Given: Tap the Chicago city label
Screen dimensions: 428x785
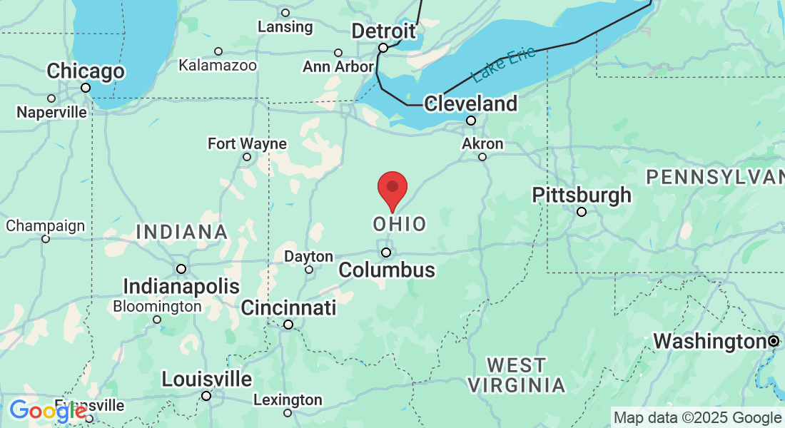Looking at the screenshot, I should [86, 71].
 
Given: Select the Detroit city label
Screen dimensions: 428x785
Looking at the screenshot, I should [384, 31].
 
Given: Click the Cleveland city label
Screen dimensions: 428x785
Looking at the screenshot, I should [471, 103].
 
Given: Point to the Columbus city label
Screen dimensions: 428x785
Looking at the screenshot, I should [387, 270].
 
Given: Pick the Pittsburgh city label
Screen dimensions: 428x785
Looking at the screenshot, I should [582, 195].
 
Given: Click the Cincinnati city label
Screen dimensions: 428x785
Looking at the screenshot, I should [288, 308].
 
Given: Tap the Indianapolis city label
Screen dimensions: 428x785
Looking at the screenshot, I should [181, 287].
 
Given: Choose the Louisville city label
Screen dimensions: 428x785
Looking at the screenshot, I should [207, 379].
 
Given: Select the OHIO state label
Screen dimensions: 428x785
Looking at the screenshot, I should [400, 224].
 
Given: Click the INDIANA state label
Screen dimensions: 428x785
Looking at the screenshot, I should [182, 232].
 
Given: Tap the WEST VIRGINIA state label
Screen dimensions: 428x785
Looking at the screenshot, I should [517, 375].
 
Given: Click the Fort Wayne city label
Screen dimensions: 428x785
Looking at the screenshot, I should [247, 143].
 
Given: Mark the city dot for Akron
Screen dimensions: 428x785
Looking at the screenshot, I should [482, 157].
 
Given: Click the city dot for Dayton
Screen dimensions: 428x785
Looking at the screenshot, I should [309, 270].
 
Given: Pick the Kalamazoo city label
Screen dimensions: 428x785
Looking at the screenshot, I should [218, 66].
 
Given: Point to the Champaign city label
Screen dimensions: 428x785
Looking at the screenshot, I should [45, 226].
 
